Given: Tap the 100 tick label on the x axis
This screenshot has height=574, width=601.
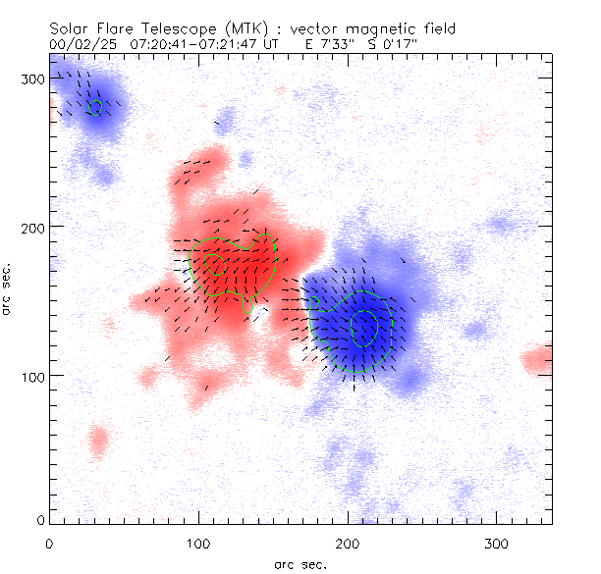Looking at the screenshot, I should [198, 542].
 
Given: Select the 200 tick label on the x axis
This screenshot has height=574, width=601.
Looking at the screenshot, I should [348, 542].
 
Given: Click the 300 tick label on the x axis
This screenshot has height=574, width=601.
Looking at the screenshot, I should [497, 542].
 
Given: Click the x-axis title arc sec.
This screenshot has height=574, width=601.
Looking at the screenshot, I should [300, 563].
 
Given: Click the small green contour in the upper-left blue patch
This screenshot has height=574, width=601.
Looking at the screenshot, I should [95, 106].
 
